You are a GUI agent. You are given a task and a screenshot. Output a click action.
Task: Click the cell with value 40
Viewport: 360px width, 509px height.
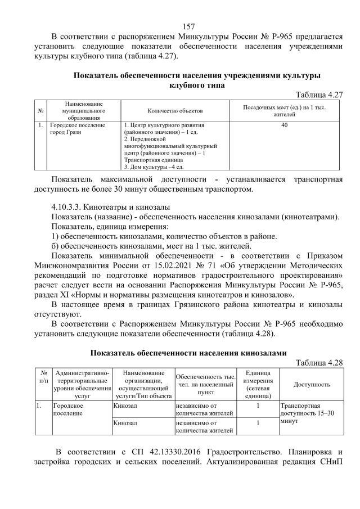click(x=285, y=125)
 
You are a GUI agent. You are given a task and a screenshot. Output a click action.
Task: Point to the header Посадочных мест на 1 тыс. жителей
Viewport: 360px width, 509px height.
click(x=285, y=111)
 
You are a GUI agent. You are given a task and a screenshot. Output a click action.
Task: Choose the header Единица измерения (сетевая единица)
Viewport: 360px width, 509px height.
click(x=258, y=384)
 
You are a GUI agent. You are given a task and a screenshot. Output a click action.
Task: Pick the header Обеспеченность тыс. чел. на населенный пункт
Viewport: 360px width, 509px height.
click(x=205, y=384)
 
